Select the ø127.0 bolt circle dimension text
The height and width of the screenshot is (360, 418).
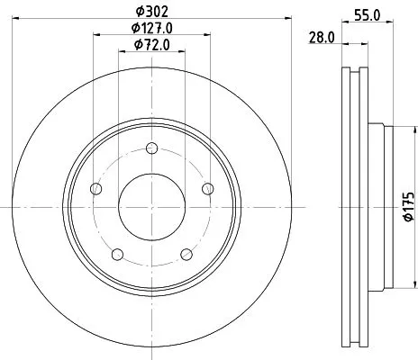tap(152, 28)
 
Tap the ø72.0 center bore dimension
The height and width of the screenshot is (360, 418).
tap(151, 44)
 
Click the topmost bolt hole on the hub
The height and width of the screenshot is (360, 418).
tap(151, 148)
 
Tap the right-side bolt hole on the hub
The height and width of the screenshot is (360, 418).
tap(207, 188)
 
